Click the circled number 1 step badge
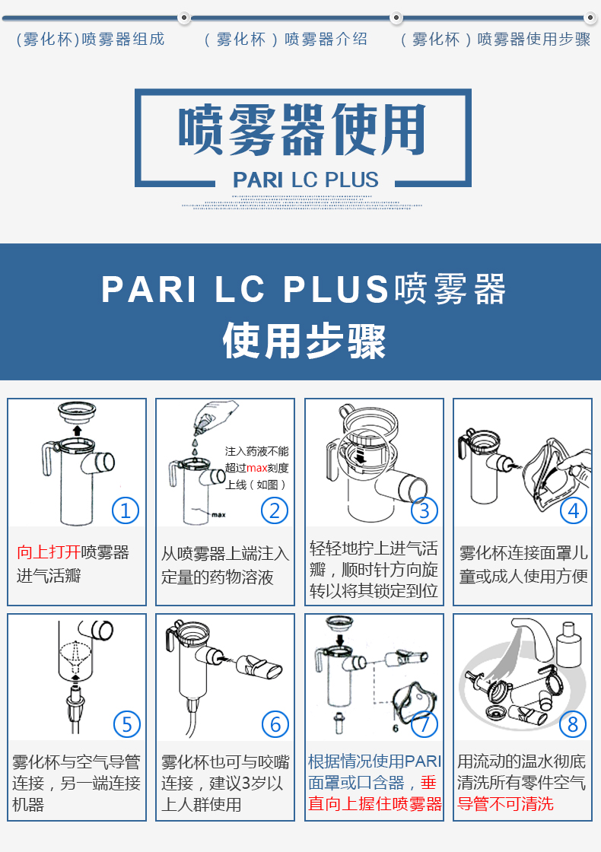coord(126,510)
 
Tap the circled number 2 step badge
coord(275,510)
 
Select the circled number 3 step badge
coord(425,510)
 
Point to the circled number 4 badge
coord(574,510)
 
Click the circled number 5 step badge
coord(126,723)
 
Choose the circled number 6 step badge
coord(275,723)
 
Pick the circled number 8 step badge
coord(574,723)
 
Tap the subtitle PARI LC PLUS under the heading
coord(305,180)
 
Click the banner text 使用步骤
coord(304,340)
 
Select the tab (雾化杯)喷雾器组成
coord(91,40)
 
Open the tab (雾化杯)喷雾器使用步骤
coord(495,40)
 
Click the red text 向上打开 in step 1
coord(49,552)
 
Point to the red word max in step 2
coord(257,468)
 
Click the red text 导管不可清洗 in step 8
coord(505,804)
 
